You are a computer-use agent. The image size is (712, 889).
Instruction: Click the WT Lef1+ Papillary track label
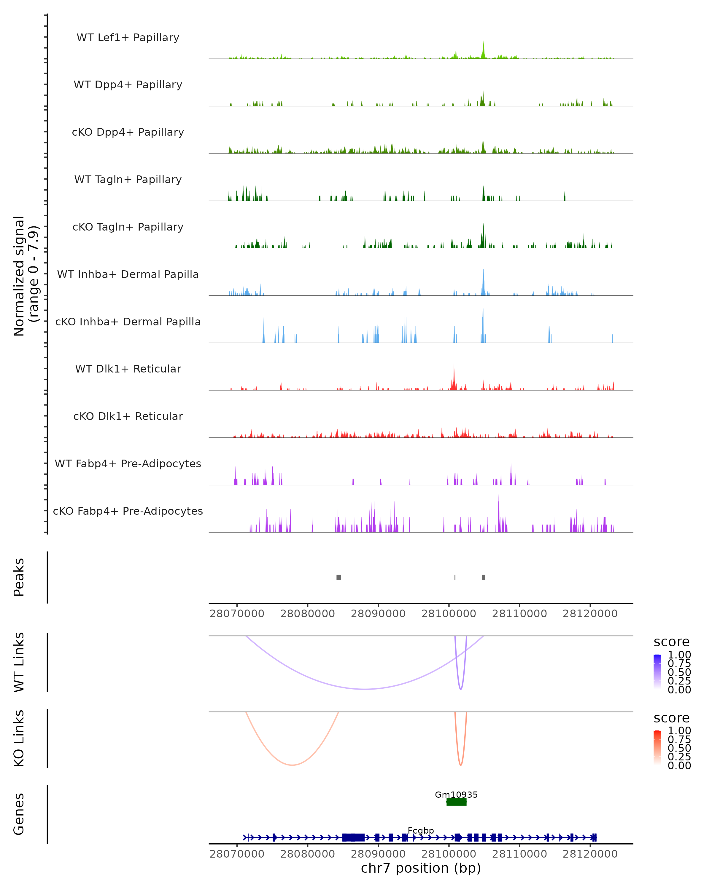click(x=128, y=38)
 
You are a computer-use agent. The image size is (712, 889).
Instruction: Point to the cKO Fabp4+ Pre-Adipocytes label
click(x=128, y=511)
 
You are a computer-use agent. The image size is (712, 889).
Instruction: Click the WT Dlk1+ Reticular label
click(x=128, y=369)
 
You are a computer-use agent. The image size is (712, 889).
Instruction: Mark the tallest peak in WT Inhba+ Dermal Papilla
click(x=483, y=262)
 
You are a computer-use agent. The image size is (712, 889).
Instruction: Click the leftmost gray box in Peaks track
click(x=339, y=577)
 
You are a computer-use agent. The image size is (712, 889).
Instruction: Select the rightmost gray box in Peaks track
click(x=484, y=577)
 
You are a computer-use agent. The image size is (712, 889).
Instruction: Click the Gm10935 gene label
click(x=456, y=794)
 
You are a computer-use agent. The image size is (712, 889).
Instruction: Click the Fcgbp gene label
click(x=421, y=830)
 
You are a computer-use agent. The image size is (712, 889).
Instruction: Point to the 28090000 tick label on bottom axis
click(x=378, y=854)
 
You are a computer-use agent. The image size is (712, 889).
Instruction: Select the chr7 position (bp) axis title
click(x=421, y=868)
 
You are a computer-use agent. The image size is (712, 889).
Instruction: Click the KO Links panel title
click(x=19, y=738)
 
